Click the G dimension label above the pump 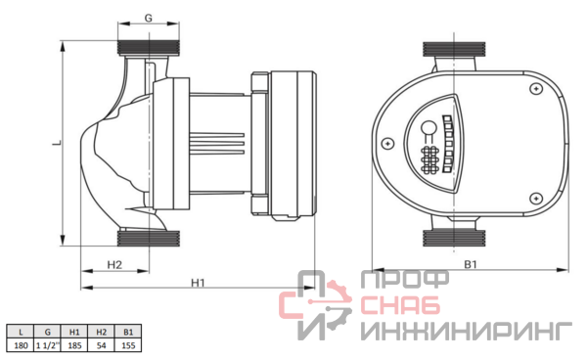(x=149, y=18)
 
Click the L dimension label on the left (x=58, y=143)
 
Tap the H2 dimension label (x=114, y=264)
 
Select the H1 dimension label (x=198, y=283)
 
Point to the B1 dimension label (x=471, y=264)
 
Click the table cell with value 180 (x=21, y=345)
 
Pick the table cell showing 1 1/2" (x=48, y=345)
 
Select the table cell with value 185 (x=74, y=345)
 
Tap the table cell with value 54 (x=102, y=345)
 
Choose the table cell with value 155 (x=128, y=345)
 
